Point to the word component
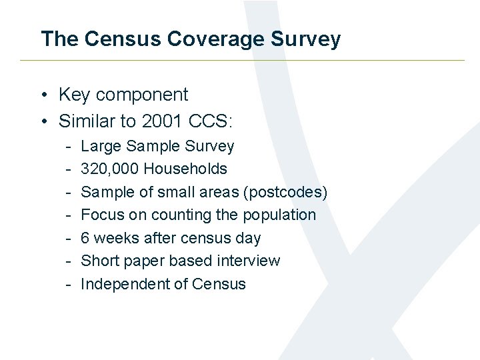(141, 95)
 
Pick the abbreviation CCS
(209, 121)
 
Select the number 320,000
(109, 169)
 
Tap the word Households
(185, 169)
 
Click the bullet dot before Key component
(44, 95)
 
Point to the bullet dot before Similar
(44, 121)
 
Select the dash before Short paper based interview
(68, 261)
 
